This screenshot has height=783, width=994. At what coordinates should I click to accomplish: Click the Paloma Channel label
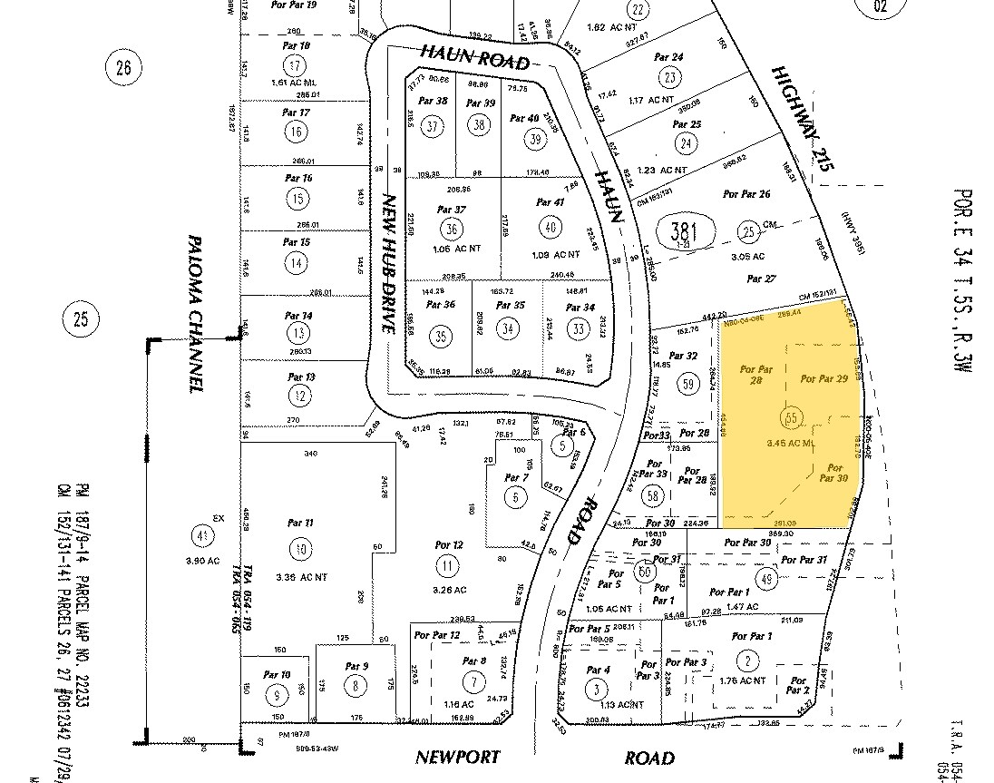pyautogui.click(x=194, y=314)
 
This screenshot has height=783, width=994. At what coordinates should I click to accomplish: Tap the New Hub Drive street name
pyautogui.click(x=391, y=263)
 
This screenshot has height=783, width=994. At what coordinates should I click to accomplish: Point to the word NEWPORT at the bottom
pyautogui.click(x=458, y=758)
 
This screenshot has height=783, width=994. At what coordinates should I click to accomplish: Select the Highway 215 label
pyautogui.click(x=802, y=119)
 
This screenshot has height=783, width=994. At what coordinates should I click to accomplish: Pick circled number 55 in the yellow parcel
pyautogui.click(x=791, y=418)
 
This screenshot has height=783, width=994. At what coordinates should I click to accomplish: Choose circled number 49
pyautogui.click(x=766, y=579)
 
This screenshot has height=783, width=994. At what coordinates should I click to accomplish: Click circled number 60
pyautogui.click(x=645, y=572)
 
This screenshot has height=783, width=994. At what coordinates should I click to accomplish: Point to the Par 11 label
pyautogui.click(x=299, y=524)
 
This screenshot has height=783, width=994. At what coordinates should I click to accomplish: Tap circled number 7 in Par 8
pyautogui.click(x=473, y=682)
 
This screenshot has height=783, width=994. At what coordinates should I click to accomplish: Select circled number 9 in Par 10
pyautogui.click(x=274, y=697)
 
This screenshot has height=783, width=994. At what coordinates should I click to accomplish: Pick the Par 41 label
pyautogui.click(x=551, y=202)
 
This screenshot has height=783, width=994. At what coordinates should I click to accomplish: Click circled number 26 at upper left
pyautogui.click(x=124, y=65)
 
